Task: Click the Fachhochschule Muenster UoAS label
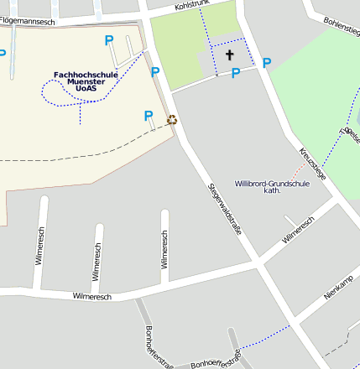[85, 81]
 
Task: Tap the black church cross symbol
[229, 55]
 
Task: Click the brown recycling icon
[172, 119]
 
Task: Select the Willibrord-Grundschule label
[272, 183]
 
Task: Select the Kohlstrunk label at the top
[191, 4]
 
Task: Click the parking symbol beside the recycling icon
[149, 116]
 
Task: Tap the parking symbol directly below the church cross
[236, 73]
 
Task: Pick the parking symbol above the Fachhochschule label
[108, 39]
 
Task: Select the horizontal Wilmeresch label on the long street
[92, 296]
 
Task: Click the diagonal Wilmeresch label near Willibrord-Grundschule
[298, 229]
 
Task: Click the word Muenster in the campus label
[85, 81]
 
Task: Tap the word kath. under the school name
[272, 190]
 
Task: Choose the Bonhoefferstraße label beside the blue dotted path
[216, 362]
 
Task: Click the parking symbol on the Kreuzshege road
[267, 63]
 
